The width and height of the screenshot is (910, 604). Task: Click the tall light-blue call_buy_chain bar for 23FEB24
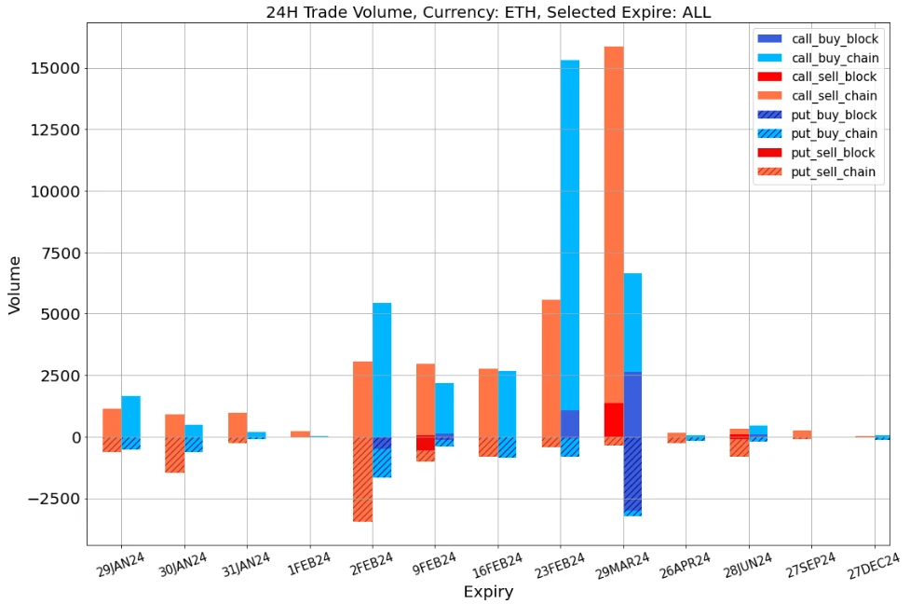[x=569, y=233]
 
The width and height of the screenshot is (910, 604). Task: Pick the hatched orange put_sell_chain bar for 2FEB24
[x=362, y=479]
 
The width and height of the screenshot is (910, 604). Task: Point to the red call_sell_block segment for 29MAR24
[x=614, y=419]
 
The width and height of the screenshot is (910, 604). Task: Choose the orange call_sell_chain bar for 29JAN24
[x=112, y=422]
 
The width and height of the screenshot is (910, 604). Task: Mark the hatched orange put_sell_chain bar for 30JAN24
[x=174, y=455]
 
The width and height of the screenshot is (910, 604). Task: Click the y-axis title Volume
[x=15, y=283]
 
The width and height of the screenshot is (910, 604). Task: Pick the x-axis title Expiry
[x=488, y=591]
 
